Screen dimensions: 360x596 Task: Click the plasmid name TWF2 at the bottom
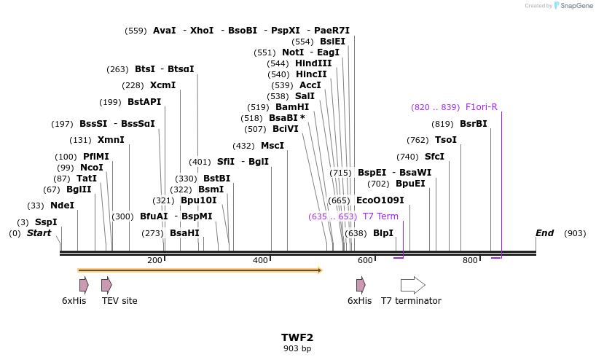[x=297, y=337]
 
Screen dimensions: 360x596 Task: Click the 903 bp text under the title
[x=297, y=348]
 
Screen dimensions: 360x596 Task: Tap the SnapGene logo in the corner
[x=571, y=6]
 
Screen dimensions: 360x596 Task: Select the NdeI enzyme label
[x=62, y=206]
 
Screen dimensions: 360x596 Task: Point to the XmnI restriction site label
[x=111, y=140]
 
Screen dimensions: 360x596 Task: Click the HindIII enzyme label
[x=313, y=63]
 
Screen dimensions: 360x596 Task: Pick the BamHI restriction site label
[x=291, y=107]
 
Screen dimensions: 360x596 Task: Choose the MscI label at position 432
[x=272, y=146]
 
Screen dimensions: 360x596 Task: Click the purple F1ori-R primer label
[x=481, y=107]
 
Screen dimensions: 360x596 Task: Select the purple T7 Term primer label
[x=380, y=216]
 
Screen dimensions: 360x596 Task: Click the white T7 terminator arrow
[x=412, y=285]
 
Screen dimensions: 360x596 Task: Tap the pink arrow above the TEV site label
[x=106, y=285]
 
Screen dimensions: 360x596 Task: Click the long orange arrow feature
[x=200, y=270]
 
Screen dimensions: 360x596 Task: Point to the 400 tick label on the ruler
[x=260, y=260]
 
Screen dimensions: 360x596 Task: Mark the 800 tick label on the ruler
[x=470, y=260]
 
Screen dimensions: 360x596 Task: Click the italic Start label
[x=39, y=233]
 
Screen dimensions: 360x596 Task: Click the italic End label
[x=544, y=233]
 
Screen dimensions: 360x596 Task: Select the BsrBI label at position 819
[x=473, y=124]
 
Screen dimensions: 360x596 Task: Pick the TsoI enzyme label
[x=445, y=140]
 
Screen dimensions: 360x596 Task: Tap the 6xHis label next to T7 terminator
[x=359, y=301]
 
